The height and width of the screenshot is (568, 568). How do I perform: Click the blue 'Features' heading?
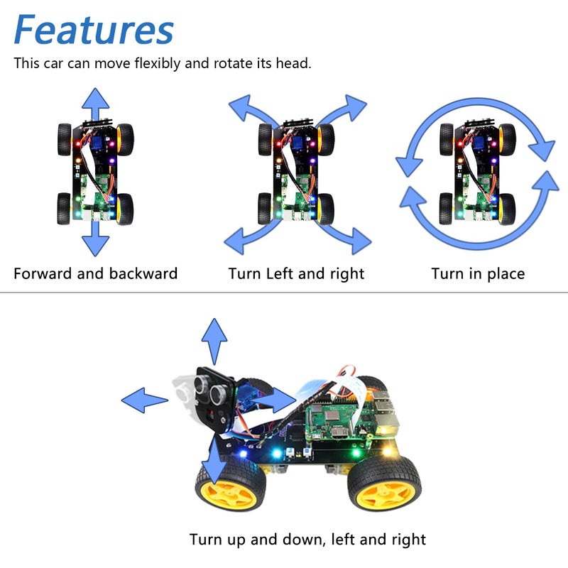click(x=93, y=31)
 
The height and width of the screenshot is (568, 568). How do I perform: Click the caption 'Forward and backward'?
click(x=95, y=273)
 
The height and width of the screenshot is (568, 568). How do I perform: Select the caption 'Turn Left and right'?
click(x=296, y=273)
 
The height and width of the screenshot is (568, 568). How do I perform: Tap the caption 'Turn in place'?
click(x=478, y=273)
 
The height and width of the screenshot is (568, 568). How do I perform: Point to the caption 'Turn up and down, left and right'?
click(x=307, y=539)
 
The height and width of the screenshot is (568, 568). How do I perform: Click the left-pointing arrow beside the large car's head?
click(x=145, y=400)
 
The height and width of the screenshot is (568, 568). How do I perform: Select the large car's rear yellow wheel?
click(x=383, y=486)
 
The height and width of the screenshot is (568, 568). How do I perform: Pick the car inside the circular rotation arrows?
click(x=476, y=174)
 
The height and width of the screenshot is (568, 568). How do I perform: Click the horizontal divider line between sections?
click(x=284, y=292)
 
